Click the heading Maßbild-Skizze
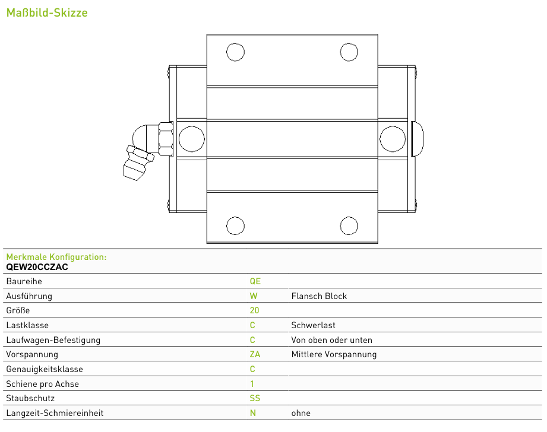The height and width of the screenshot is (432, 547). click(x=47, y=13)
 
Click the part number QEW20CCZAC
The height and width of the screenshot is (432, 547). click(x=37, y=267)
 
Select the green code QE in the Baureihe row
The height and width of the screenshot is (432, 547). click(x=255, y=281)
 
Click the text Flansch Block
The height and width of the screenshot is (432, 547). click(x=319, y=296)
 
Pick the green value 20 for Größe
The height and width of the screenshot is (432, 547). click(x=254, y=310)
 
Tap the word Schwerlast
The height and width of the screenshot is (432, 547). click(x=313, y=325)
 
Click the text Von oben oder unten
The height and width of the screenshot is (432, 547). click(x=332, y=340)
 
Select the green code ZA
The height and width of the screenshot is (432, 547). click(x=255, y=354)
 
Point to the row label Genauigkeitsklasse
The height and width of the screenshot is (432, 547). click(x=45, y=369)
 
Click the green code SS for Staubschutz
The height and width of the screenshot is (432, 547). click(x=255, y=398)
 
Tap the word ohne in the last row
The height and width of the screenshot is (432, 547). click(x=301, y=413)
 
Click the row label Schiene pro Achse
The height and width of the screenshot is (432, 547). click(x=43, y=384)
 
